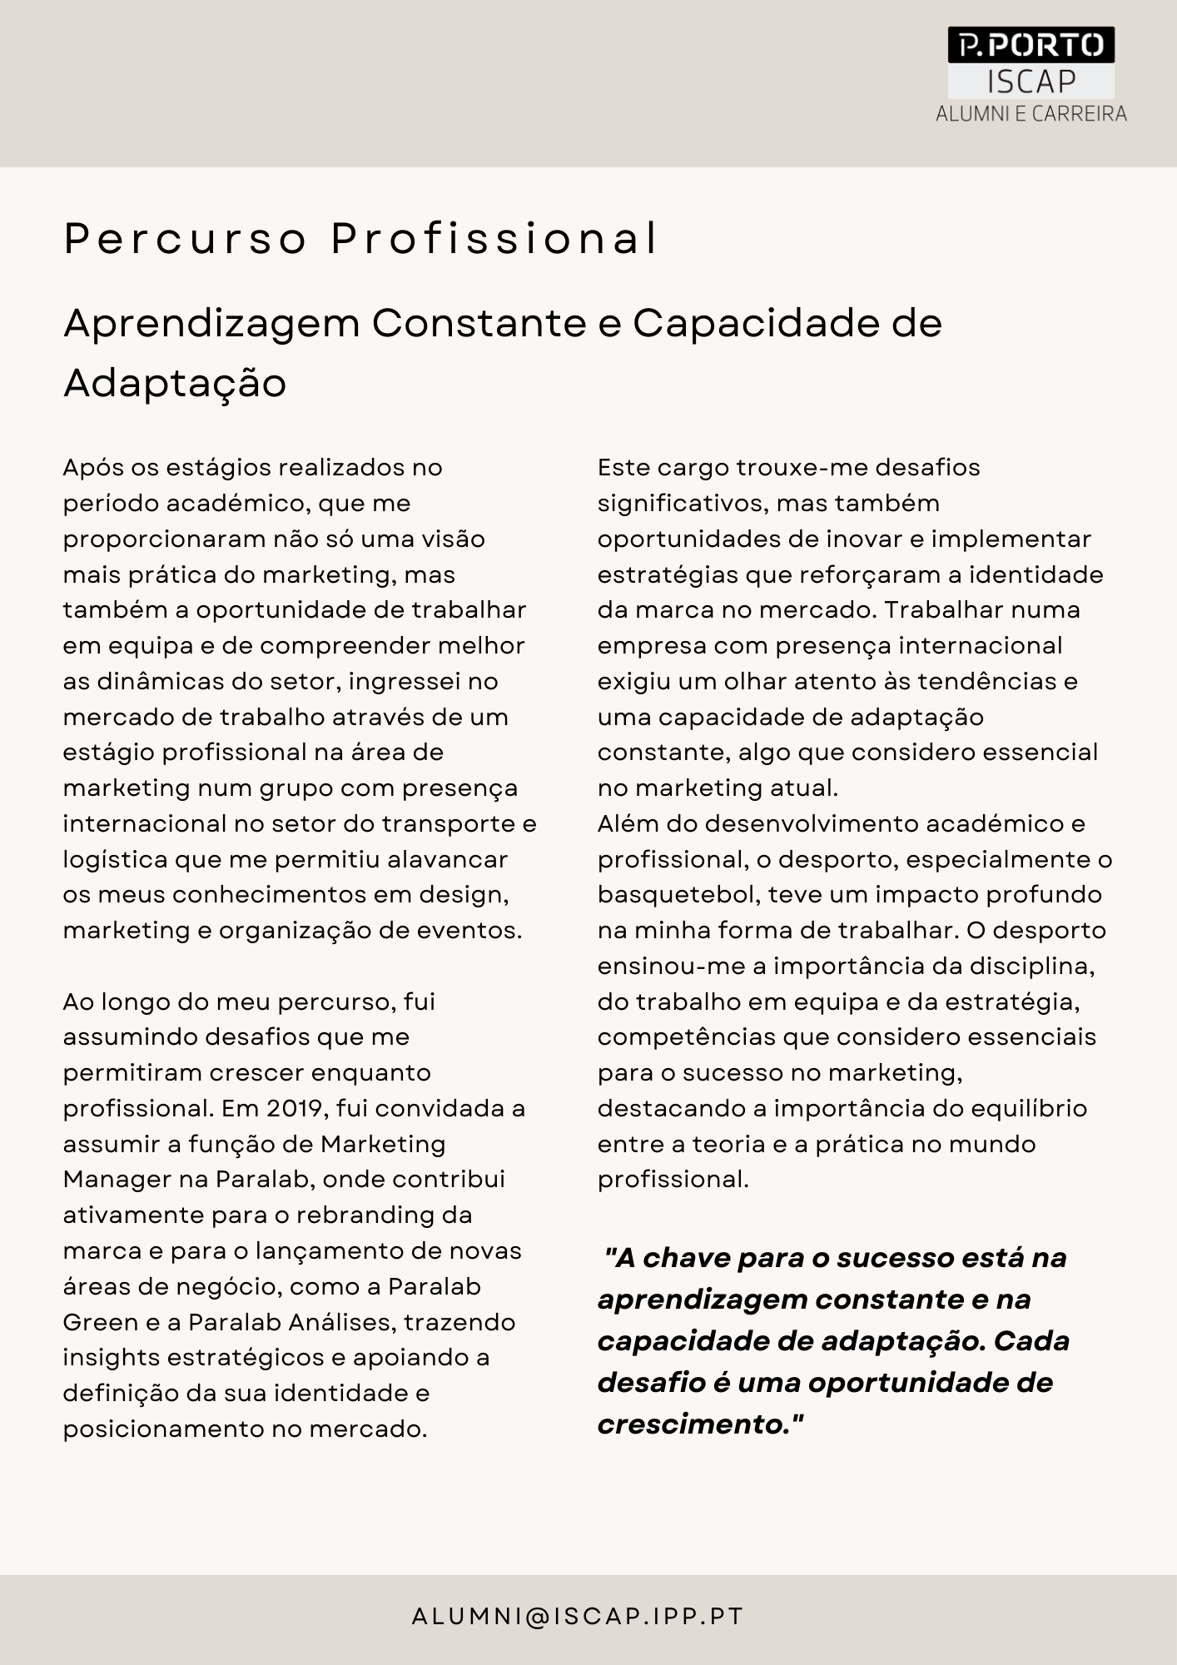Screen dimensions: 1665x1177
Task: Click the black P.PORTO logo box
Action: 1030,45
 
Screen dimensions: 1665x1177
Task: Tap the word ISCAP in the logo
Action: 1031,82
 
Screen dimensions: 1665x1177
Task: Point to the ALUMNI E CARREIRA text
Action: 1031,114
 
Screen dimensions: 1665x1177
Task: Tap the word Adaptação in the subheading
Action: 175,383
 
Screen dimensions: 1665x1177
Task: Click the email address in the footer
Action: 578,1617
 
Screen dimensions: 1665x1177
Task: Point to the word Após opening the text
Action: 92,468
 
